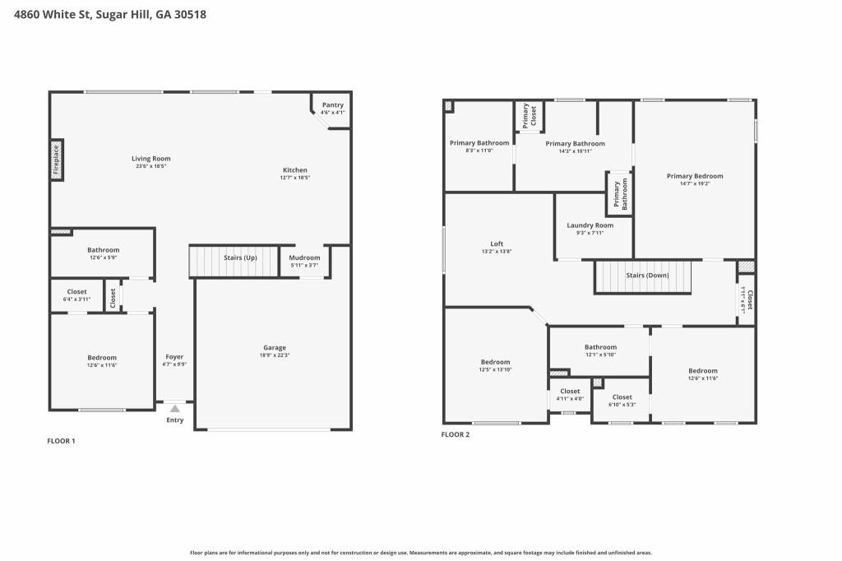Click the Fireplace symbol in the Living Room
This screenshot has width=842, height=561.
(57, 160)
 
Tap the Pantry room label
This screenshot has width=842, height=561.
(333, 104)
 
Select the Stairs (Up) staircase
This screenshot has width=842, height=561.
(234, 262)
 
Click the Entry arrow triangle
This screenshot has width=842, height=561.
(175, 408)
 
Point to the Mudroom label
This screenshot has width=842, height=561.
(304, 257)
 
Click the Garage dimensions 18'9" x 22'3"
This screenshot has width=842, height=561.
(275, 355)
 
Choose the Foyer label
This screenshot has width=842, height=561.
(174, 357)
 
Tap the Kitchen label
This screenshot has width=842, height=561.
(295, 169)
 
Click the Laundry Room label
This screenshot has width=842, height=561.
(590, 225)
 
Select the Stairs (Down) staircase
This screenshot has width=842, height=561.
(643, 277)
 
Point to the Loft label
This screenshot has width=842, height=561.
(497, 244)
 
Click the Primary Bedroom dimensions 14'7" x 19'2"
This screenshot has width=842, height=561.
(695, 183)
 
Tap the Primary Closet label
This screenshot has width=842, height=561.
(530, 115)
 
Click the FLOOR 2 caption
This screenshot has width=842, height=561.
(456, 434)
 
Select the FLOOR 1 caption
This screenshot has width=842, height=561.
(61, 441)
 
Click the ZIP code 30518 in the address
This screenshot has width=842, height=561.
(190, 15)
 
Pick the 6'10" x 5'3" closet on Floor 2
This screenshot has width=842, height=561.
(622, 401)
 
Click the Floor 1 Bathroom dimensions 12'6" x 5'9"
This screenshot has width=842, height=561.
(103, 257)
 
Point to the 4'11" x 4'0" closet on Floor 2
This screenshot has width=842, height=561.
(570, 395)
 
